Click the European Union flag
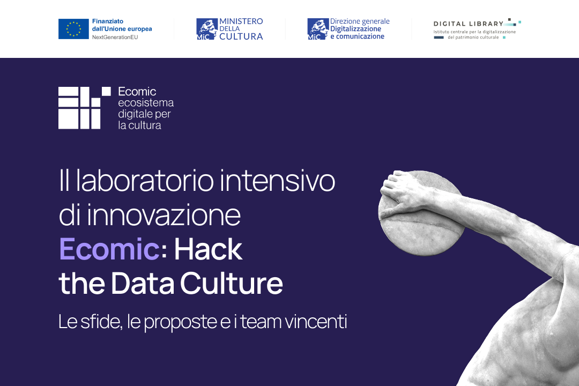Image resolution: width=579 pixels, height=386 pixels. tap(73, 29)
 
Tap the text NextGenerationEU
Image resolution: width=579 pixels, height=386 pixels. tap(115, 38)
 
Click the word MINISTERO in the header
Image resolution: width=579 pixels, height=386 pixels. tap(241, 21)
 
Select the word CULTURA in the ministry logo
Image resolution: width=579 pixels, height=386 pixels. tap(241, 36)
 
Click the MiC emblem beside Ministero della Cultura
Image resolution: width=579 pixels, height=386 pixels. tap(207, 29)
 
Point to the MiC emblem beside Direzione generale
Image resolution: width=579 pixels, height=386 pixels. tap(318, 29)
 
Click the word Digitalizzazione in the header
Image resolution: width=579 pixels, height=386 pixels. tap(355, 29)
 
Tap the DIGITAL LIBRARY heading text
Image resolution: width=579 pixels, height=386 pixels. tap(469, 24)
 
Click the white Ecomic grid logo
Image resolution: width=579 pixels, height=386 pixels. tap(85, 108)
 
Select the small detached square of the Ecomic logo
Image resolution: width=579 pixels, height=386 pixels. tap(106, 91)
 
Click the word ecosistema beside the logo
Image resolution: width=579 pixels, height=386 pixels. tap(146, 103)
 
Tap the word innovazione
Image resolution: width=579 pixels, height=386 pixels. tap(164, 215)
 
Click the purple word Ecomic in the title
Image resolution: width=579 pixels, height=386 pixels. tap(109, 249)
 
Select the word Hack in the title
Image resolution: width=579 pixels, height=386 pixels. tap(208, 249)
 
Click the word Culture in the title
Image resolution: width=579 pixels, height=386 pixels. tap(232, 283)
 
